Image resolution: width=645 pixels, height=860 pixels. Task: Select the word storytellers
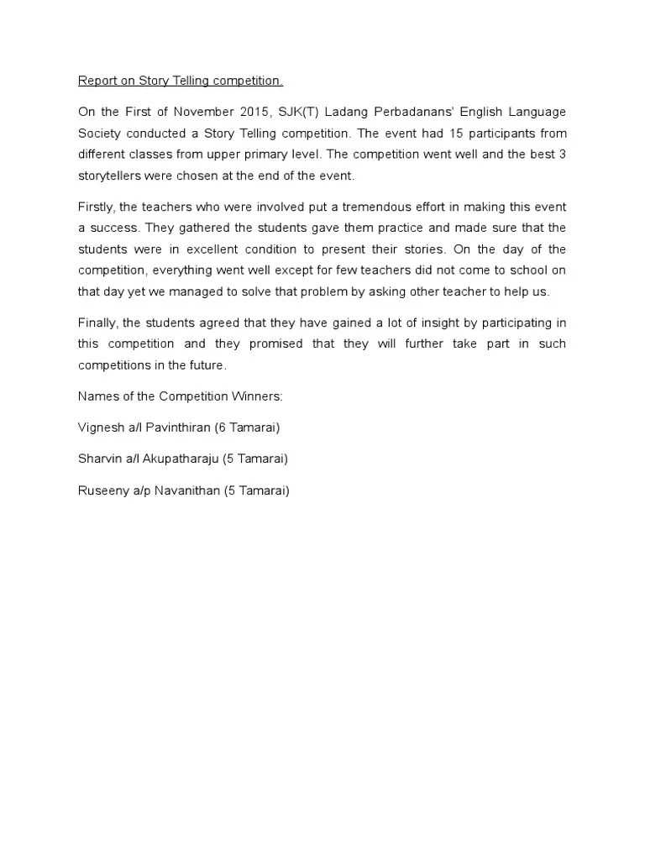click(110, 176)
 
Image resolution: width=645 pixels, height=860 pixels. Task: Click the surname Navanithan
click(189, 491)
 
